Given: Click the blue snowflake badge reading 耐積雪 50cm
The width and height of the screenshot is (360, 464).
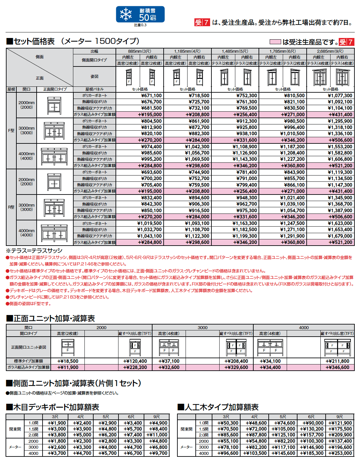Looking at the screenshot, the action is tap(140, 14).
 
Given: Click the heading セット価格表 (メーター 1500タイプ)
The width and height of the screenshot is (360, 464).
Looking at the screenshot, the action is tap(73, 41).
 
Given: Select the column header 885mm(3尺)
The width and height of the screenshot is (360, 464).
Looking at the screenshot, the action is tap(140, 51).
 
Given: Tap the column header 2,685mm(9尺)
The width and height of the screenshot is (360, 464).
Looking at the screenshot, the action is tap(330, 51).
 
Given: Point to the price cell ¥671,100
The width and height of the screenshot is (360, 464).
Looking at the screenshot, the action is tap(151, 96).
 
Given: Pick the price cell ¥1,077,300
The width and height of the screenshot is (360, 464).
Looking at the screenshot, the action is tap(340, 96).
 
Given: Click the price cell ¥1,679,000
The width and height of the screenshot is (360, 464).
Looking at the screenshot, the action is tap(340, 236).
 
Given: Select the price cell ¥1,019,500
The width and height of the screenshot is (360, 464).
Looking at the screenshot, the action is tap(149, 223).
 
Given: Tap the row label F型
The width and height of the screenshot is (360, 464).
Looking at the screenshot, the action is tap(11, 130).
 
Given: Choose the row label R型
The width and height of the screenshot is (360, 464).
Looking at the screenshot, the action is tap(11, 207).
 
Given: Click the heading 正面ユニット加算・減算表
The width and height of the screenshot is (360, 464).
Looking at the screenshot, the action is tap(50, 318).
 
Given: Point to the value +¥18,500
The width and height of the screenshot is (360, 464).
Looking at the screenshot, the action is tap(68, 361).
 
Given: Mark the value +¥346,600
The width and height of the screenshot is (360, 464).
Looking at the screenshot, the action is tap(337, 367).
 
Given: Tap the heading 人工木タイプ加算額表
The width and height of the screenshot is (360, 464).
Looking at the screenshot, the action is tap(218, 407).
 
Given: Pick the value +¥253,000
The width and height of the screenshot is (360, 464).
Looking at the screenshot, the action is tap(340, 453).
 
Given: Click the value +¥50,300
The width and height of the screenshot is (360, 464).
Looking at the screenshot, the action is tap(228, 423).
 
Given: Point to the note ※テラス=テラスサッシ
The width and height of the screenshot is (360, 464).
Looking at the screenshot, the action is tap(34, 251).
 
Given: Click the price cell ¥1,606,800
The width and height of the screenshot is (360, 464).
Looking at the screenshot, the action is tap(340, 159).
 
